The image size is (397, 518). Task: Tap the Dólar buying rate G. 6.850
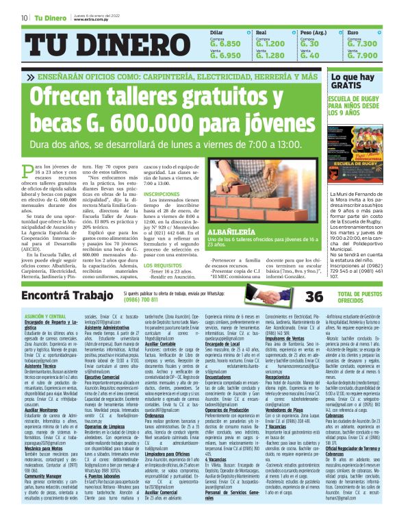pos(225,43)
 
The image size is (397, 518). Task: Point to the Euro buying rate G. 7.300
pos(363,43)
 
